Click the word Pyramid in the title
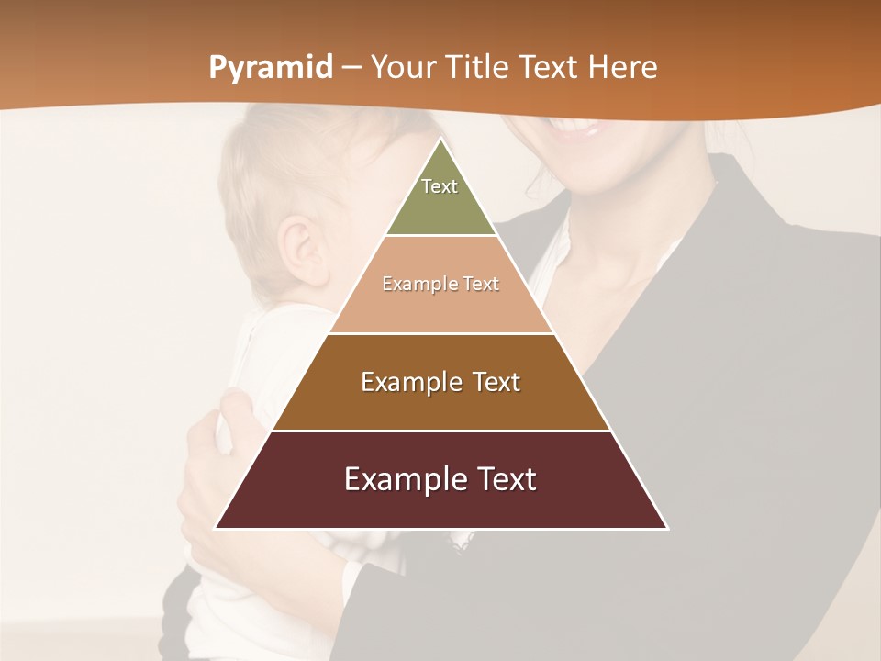coord(270,68)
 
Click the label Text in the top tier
coord(440,186)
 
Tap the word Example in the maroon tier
coord(398,479)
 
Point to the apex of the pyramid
coord(440,140)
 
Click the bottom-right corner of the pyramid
coord(667,528)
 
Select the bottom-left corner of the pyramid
coord(215,528)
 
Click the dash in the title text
coord(351,68)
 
